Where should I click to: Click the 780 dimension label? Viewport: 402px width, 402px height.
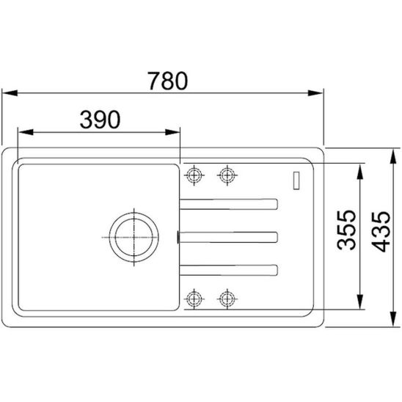point(167,81)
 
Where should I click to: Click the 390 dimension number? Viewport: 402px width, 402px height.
point(100,120)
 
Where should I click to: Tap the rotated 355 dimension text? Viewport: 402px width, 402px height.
point(346,230)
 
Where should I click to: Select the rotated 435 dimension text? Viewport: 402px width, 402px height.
point(381,232)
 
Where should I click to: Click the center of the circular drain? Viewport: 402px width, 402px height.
point(134,238)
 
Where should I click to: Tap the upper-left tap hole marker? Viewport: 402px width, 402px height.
point(194,175)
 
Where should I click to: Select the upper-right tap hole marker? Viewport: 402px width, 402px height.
point(227,175)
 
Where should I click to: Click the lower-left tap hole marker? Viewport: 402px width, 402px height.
point(194,299)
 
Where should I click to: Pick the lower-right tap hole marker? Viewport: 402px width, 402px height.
point(227,299)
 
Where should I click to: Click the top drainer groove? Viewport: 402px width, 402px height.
point(228,204)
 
